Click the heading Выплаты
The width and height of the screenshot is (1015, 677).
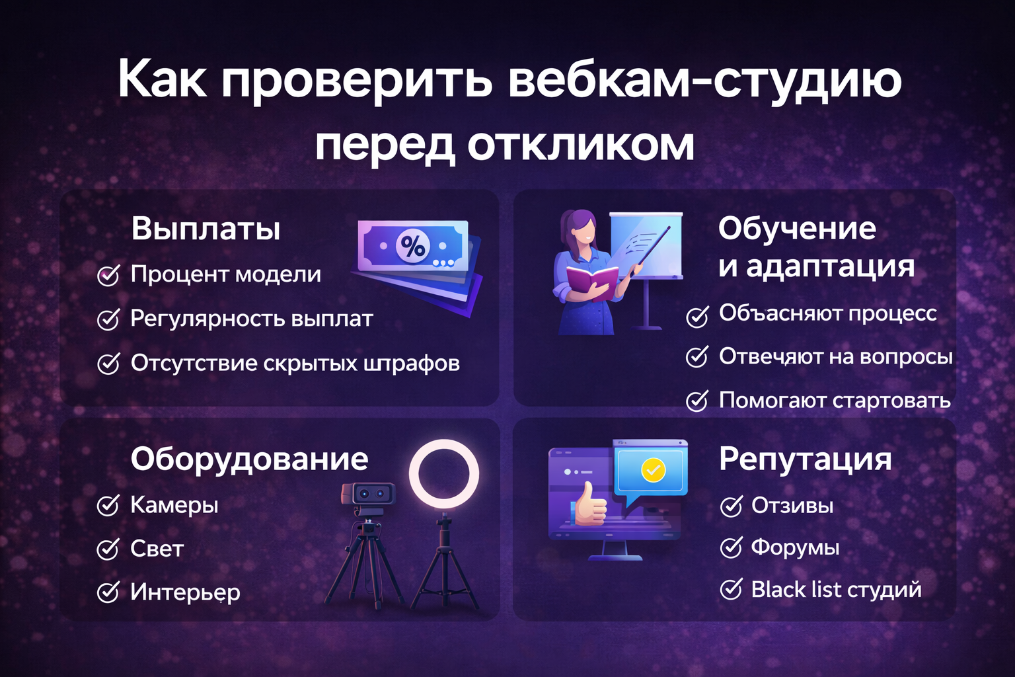(x=206, y=229)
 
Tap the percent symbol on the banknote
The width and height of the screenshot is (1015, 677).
(x=414, y=246)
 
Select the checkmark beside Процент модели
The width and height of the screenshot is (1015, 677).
(x=108, y=275)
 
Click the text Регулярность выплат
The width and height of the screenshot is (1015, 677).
(x=251, y=319)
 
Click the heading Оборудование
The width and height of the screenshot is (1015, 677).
(x=249, y=459)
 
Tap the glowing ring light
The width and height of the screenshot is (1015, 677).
(x=443, y=474)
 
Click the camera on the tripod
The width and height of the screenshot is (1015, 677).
(x=369, y=496)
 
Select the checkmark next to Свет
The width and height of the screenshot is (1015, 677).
(x=108, y=549)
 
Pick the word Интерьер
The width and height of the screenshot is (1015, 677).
(x=185, y=592)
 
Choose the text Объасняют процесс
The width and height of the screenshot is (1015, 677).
(x=827, y=313)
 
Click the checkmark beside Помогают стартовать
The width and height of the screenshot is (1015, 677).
(x=697, y=401)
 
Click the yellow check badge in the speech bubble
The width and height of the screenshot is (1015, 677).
(x=653, y=469)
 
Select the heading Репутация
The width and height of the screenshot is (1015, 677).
(x=805, y=459)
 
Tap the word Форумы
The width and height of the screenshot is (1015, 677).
(x=795, y=547)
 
